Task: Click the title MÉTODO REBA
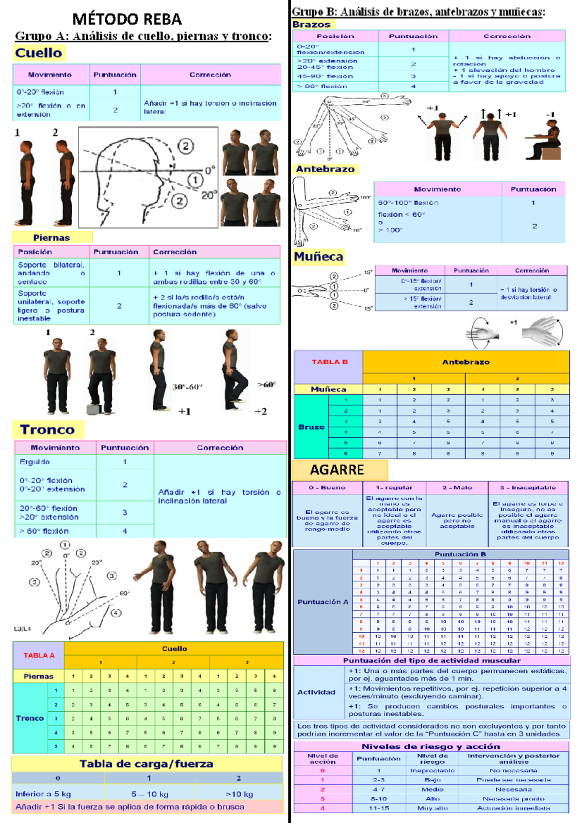click(127, 19)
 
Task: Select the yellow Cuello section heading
click(39, 53)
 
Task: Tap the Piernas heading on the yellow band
click(51, 237)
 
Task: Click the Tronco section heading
click(47, 429)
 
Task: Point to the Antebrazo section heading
click(325, 169)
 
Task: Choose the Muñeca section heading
click(319, 256)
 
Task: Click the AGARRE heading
click(337, 470)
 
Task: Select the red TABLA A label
click(39, 655)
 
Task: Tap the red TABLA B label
click(329, 362)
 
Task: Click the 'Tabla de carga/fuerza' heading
click(146, 764)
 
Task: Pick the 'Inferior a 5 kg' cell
click(43, 794)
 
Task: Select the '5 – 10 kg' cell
click(149, 794)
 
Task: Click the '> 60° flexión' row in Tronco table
click(44, 531)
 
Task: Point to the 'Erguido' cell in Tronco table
click(35, 462)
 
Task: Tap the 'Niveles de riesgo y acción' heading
click(431, 746)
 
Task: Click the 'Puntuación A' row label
click(323, 601)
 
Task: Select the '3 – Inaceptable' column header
click(528, 488)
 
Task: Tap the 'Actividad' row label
click(316, 692)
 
